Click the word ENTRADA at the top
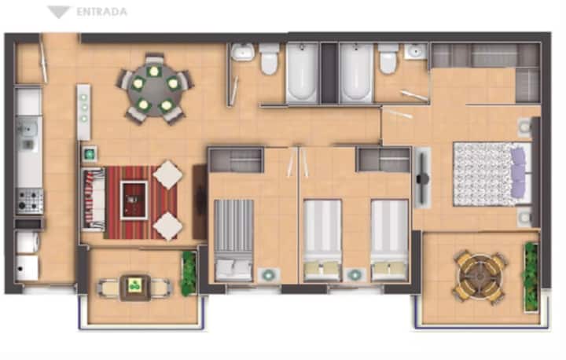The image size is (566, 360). (x=101, y=12)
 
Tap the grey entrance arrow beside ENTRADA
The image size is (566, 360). (x=58, y=13)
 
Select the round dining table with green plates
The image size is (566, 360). (x=155, y=90)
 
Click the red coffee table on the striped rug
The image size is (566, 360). (x=134, y=200)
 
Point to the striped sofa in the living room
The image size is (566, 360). (x=94, y=199)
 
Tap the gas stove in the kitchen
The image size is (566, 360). (x=30, y=201)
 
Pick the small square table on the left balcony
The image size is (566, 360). (x=135, y=288)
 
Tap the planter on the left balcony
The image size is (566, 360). (x=189, y=273)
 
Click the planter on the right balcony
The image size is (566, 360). (x=531, y=277)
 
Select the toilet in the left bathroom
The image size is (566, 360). (x=269, y=59)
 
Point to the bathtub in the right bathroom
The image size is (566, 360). (x=356, y=72)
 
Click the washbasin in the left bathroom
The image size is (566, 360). (x=243, y=52)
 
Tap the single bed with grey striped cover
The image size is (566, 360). (x=233, y=241)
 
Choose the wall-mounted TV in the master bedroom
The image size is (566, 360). (x=421, y=178)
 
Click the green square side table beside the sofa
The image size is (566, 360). (x=89, y=155)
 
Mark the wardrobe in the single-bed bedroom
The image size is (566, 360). (x=237, y=160)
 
